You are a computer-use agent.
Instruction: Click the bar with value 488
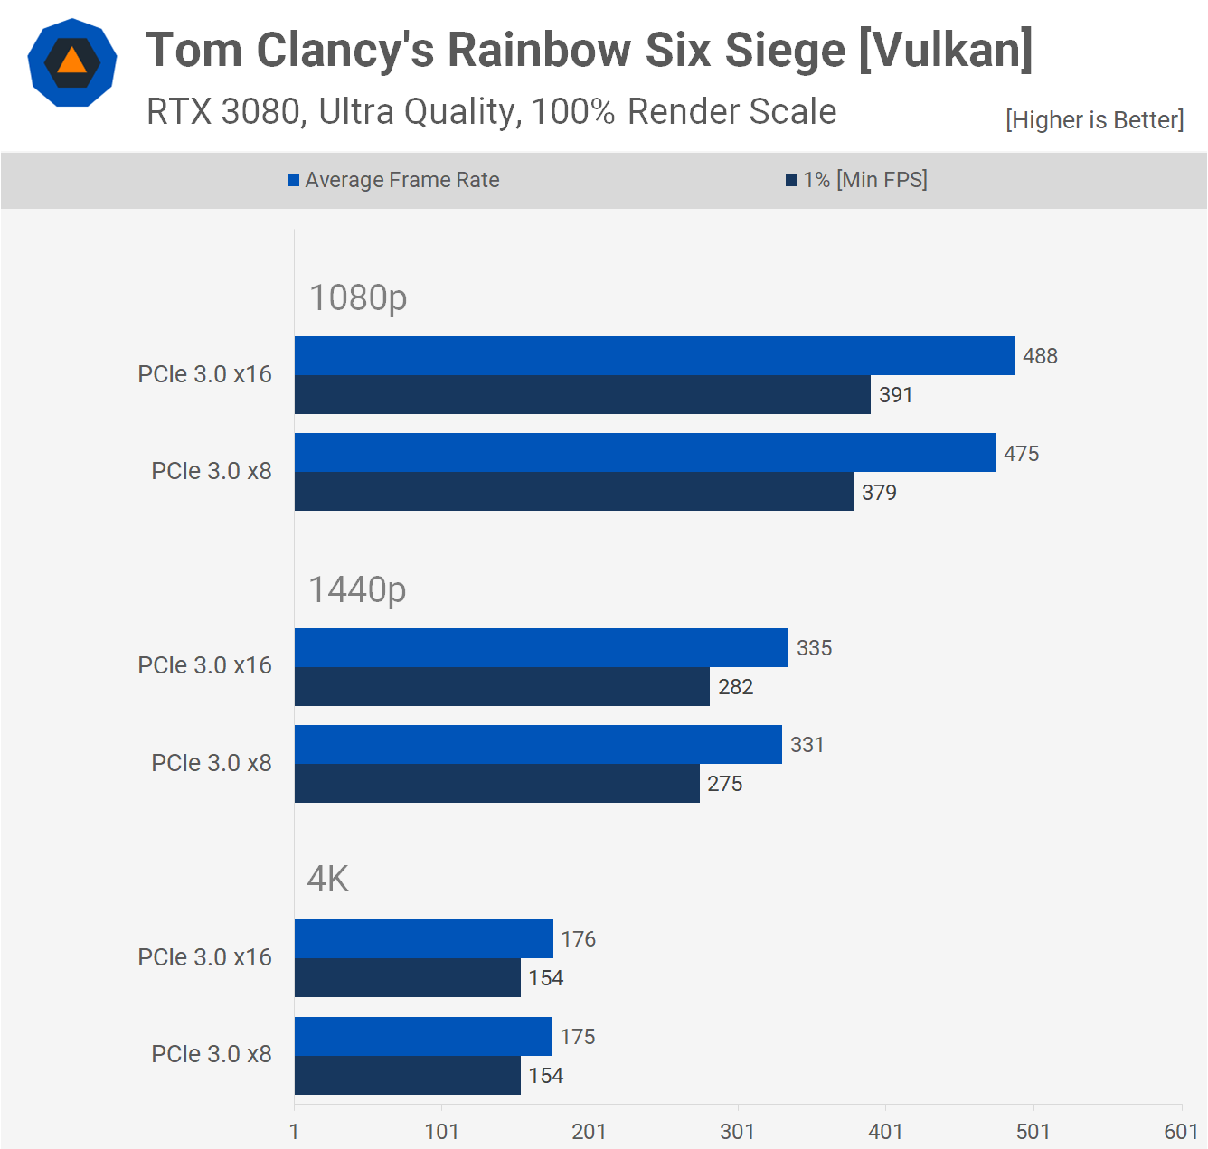pos(654,355)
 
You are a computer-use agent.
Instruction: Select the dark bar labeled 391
pos(582,395)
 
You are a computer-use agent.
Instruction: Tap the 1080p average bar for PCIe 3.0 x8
pos(645,453)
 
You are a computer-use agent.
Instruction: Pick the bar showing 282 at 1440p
pos(502,687)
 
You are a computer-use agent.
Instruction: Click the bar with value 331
pos(538,745)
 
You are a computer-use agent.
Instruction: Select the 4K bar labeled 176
pos(423,939)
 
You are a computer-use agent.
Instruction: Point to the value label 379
pos(879,493)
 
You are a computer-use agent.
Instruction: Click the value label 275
pos(725,784)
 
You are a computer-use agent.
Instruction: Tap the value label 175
pos(578,1037)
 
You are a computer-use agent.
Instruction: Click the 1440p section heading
pos(358,590)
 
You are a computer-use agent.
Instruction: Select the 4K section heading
pos(328,880)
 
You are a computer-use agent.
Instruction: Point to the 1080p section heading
pos(358,297)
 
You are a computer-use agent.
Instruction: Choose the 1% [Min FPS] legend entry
pos(856,180)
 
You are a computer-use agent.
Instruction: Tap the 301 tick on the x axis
pos(737,1132)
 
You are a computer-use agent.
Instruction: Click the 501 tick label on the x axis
pos(1033,1132)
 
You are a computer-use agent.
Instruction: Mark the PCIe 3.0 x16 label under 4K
pos(204,957)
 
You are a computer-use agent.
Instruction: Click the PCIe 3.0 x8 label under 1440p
pos(212,763)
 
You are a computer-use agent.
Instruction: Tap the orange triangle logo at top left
pos(72,62)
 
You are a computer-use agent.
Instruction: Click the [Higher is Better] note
pos(1094,120)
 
